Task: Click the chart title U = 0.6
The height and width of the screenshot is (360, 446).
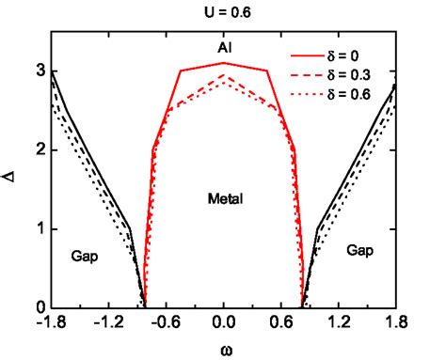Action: pos(223,12)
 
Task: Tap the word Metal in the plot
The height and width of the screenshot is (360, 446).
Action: pos(224,199)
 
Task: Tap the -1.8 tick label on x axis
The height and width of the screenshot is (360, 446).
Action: pos(52,322)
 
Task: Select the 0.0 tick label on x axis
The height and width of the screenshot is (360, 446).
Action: pos(223,322)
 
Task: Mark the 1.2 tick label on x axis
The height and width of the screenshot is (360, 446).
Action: pos(338,322)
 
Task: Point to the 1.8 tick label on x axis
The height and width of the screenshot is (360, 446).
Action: pos(394,322)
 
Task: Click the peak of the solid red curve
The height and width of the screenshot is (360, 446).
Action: pos(223,63)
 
